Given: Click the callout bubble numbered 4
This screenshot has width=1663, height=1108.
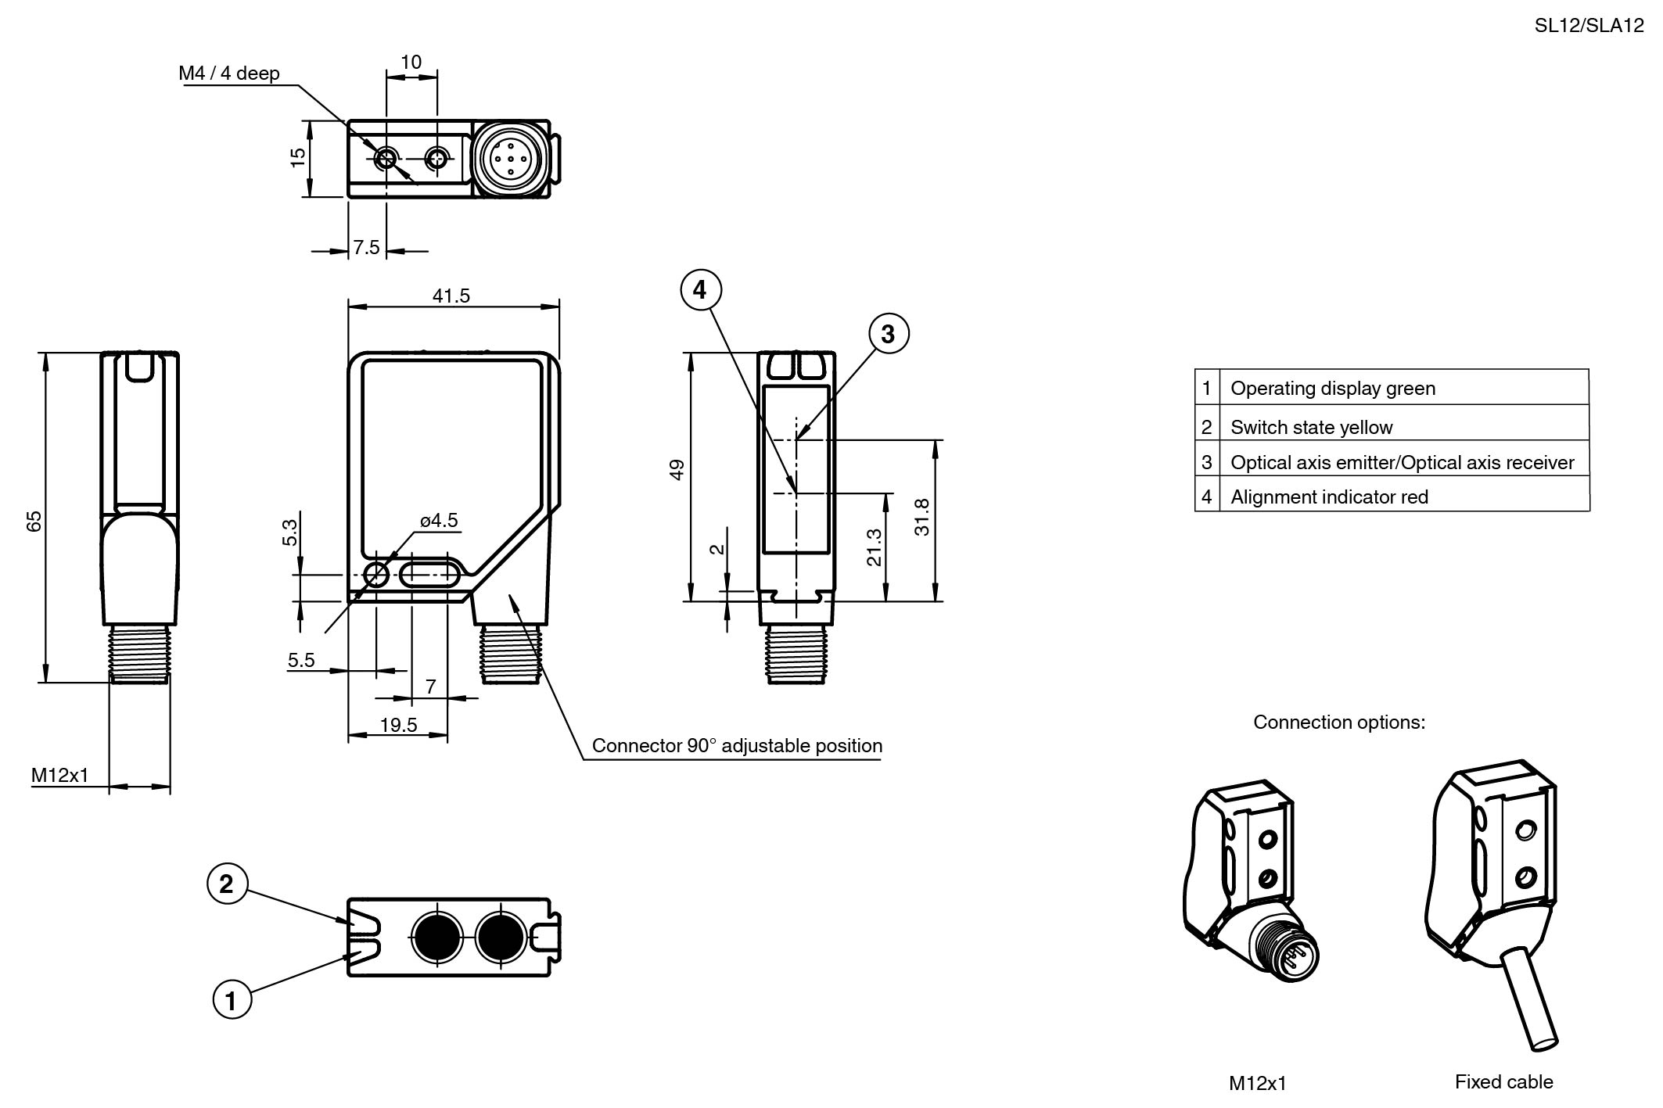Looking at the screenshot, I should (x=699, y=290).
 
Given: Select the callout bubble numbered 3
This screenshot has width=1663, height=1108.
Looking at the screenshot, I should (x=888, y=334).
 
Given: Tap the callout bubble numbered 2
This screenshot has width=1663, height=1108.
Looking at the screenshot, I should (x=227, y=884).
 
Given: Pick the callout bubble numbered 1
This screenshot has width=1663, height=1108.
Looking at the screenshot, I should (x=232, y=1000).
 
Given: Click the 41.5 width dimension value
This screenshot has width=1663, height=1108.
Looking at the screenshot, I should (x=451, y=296).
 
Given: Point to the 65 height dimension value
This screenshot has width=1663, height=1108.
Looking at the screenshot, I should (x=34, y=521).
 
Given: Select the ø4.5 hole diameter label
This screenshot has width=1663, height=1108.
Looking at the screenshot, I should (x=439, y=521).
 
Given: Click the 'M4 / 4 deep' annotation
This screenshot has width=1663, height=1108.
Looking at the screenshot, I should (x=229, y=74).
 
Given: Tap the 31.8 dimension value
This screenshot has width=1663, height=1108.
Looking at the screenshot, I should (x=922, y=517).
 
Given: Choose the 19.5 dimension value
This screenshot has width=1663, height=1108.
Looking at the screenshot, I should (x=399, y=725).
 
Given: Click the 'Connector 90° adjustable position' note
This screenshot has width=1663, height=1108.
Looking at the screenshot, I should (x=737, y=746).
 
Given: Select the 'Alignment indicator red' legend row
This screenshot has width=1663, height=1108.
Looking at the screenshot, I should (x=1329, y=497).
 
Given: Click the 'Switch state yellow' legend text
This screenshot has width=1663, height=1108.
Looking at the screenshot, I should (x=1311, y=428).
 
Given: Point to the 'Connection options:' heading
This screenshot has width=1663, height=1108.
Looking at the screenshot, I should (x=1339, y=723).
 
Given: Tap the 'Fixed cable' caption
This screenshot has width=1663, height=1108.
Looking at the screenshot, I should (x=1503, y=1082).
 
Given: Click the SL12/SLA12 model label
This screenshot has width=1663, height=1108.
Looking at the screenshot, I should (x=1589, y=26).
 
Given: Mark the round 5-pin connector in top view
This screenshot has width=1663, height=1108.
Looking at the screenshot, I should (x=510, y=159).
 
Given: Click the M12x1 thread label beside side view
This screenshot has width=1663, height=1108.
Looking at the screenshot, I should (x=60, y=776).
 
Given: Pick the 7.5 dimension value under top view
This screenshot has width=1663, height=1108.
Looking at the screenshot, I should (x=366, y=248).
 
